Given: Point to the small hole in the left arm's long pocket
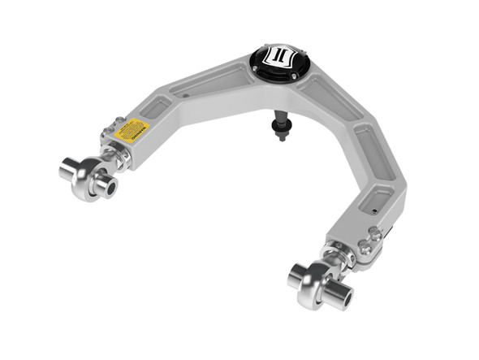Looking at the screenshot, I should [186, 96].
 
